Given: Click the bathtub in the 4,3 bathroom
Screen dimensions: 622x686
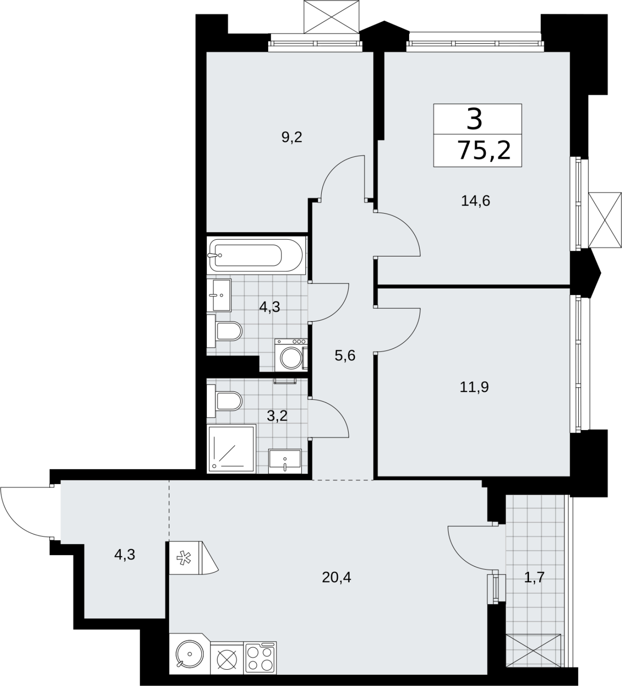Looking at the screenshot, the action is [x=257, y=255].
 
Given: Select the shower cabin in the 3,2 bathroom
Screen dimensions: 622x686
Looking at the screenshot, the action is [x=231, y=448].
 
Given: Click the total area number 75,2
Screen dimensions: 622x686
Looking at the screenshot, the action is [x=484, y=150].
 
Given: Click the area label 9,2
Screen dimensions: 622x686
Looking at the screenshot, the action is [x=292, y=137].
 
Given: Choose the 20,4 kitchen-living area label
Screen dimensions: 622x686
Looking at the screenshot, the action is [x=336, y=578].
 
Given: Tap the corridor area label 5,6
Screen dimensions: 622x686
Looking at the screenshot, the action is [x=345, y=355].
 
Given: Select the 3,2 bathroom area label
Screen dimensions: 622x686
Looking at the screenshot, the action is [x=277, y=416].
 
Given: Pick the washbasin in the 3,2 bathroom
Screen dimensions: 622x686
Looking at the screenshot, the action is [x=285, y=461].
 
